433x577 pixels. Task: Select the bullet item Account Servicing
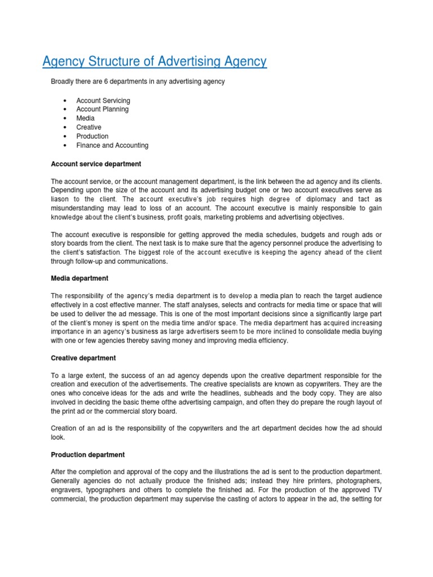[x=103, y=100]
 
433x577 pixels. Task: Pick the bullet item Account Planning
[x=103, y=109]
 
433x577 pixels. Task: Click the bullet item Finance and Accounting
[x=112, y=145]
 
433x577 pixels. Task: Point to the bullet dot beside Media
[x=65, y=118]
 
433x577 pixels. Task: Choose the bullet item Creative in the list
[x=89, y=127]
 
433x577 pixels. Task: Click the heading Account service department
[x=96, y=164]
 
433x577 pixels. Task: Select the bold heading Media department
[x=79, y=278]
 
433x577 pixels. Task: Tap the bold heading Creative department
[x=83, y=358]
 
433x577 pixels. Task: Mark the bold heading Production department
[x=88, y=455]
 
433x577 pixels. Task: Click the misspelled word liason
[x=61, y=199]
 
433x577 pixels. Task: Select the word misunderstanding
[x=78, y=208]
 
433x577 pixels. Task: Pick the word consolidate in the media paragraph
[x=311, y=332]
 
